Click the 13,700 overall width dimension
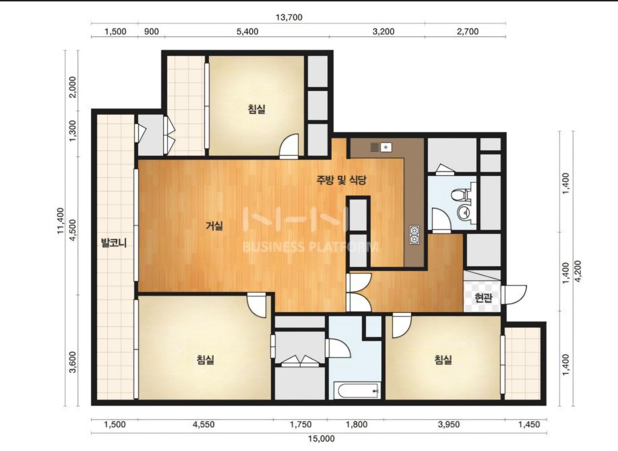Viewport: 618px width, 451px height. (289, 17)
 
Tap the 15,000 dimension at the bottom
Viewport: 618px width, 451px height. (321, 438)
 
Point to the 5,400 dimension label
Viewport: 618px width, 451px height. (248, 31)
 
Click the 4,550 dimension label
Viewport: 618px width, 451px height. (203, 424)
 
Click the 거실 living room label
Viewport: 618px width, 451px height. (215, 226)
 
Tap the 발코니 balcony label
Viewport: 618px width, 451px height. (114, 243)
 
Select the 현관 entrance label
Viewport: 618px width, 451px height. (483, 298)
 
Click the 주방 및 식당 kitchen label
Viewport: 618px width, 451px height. (341, 180)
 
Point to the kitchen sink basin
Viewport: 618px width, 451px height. (386, 147)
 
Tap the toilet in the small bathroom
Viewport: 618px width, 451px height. (461, 195)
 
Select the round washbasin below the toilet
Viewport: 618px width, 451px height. (465, 213)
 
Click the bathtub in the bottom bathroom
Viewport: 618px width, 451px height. (357, 390)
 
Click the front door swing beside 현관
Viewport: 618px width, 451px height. (514, 295)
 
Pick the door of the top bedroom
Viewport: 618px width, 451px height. (289, 146)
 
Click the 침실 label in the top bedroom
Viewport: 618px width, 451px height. (257, 109)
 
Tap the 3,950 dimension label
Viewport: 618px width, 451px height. (448, 424)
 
